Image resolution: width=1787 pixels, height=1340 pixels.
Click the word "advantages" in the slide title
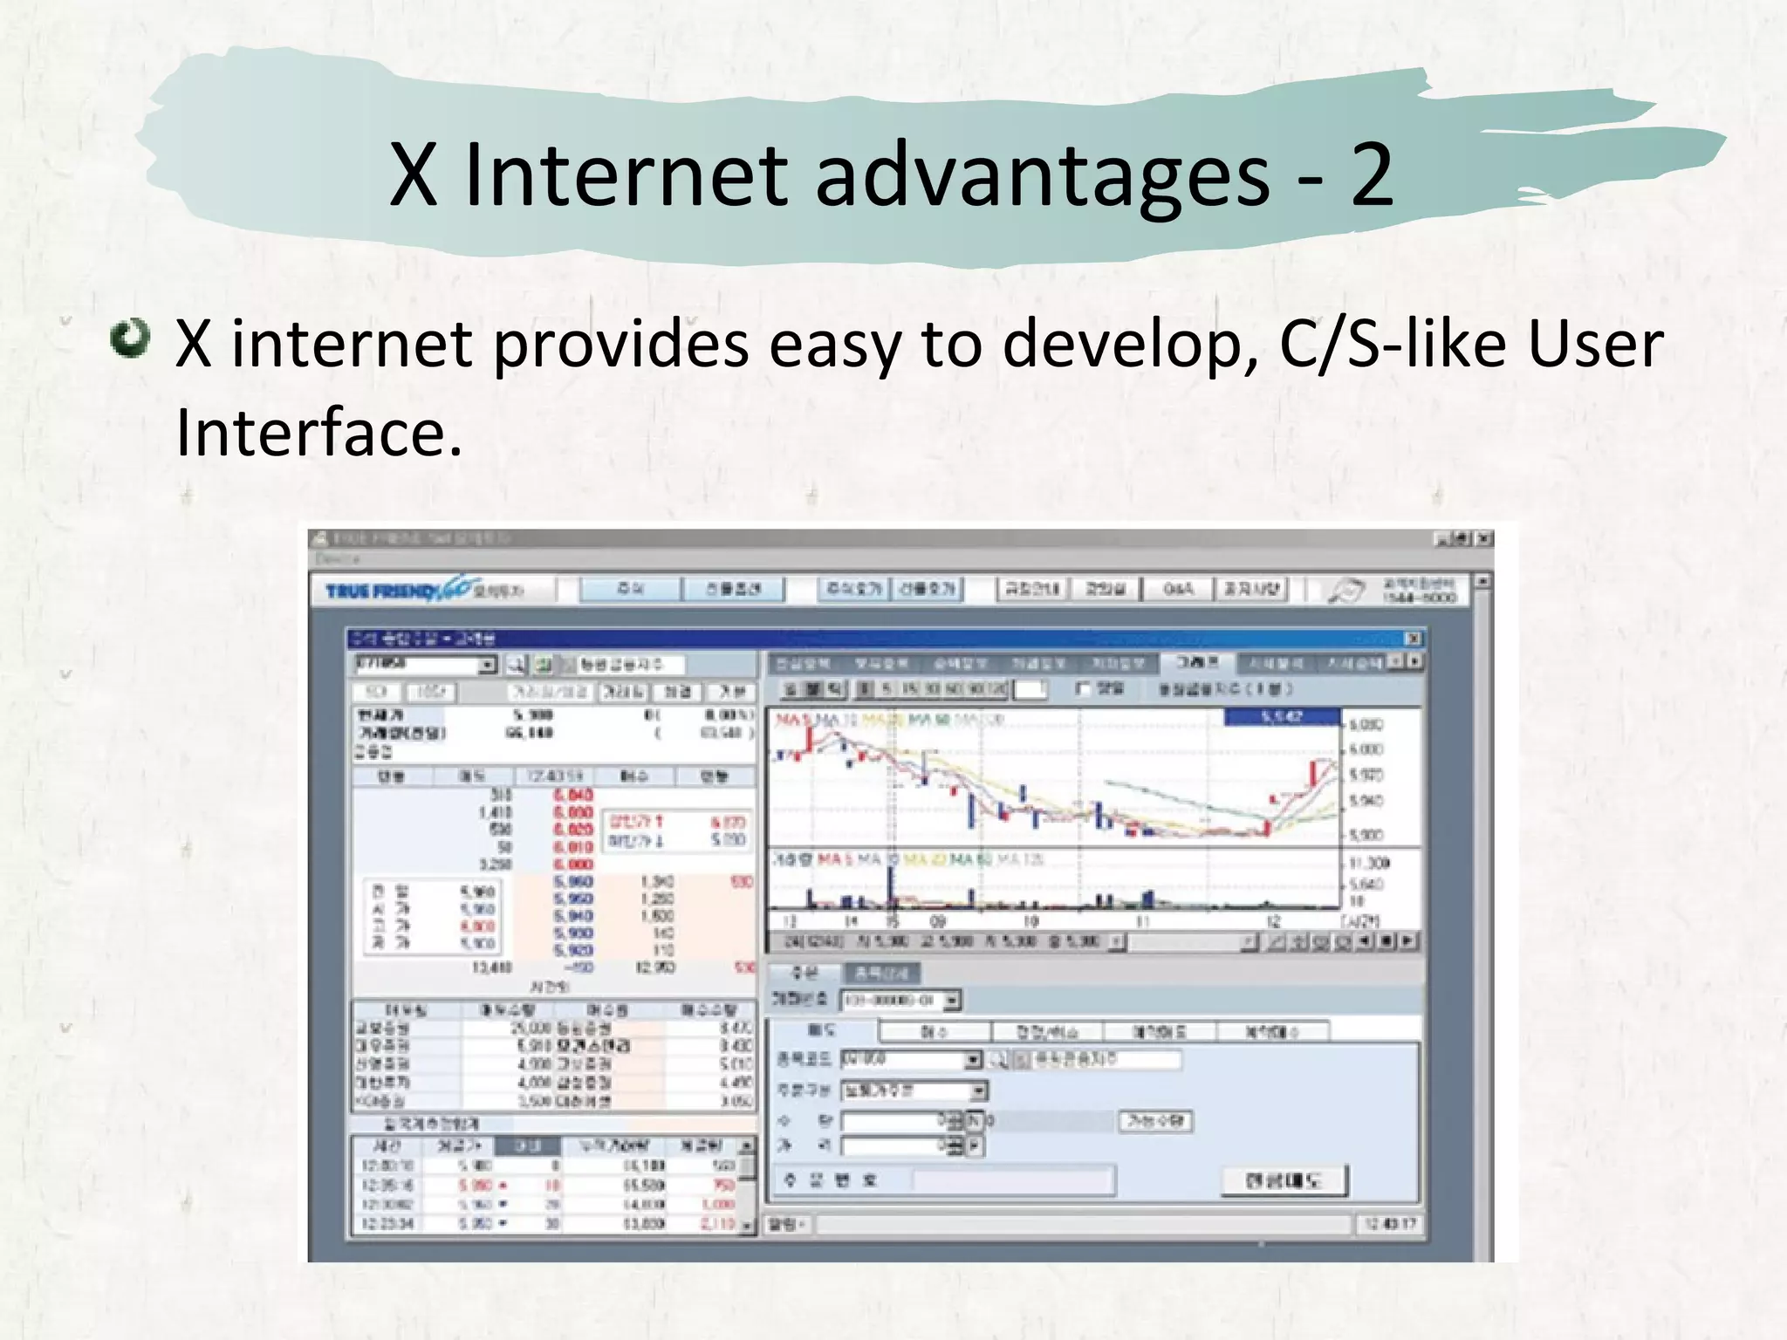click(1042, 175)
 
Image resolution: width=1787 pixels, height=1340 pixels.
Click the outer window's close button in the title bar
click(1484, 539)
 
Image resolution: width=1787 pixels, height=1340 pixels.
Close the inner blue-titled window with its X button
click(1413, 639)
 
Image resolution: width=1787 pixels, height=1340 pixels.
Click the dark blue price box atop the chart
click(1281, 717)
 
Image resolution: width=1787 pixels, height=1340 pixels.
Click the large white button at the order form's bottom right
click(1284, 1180)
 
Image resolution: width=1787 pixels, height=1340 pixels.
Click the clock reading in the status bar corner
click(1391, 1224)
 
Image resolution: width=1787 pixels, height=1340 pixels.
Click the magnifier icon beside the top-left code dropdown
click(516, 665)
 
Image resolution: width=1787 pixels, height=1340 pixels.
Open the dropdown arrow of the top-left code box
click(487, 665)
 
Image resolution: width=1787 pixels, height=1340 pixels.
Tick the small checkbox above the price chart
click(1083, 689)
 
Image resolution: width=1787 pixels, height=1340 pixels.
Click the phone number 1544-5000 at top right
click(1419, 598)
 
